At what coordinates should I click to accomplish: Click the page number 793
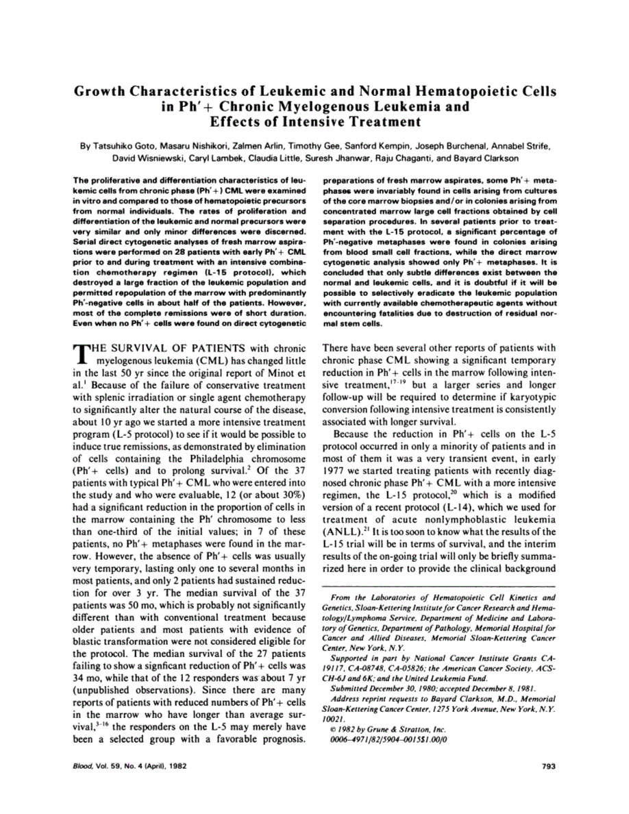coord(547,766)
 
